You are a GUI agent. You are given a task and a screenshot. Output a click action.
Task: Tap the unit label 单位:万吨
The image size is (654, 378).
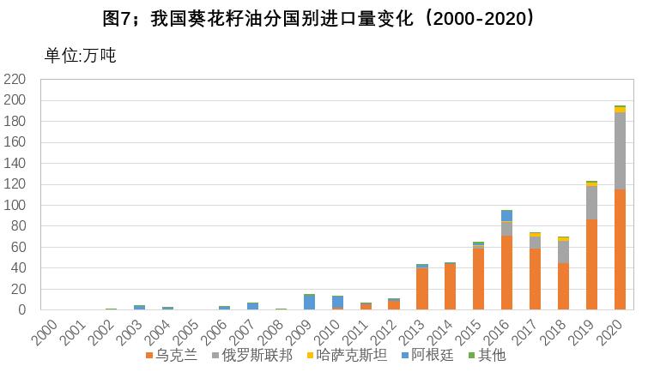(x=80, y=56)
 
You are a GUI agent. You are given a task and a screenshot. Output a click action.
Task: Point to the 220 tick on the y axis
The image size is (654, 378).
(x=16, y=80)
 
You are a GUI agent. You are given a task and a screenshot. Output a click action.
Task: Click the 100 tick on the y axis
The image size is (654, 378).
(x=16, y=206)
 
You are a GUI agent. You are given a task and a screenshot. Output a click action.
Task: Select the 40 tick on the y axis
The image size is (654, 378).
(x=20, y=268)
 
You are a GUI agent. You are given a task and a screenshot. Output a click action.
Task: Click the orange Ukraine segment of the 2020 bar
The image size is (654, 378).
(x=620, y=249)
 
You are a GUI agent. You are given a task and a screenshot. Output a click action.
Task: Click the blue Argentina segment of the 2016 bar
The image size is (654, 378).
(x=507, y=215)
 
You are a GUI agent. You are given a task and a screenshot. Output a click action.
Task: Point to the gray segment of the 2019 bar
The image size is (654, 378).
(x=591, y=202)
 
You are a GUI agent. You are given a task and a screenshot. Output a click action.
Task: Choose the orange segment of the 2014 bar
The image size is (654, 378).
(x=450, y=287)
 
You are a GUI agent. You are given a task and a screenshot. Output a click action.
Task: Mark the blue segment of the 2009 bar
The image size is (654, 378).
(x=309, y=303)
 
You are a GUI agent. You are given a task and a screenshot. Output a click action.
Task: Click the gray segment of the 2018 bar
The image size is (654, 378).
(x=563, y=251)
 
